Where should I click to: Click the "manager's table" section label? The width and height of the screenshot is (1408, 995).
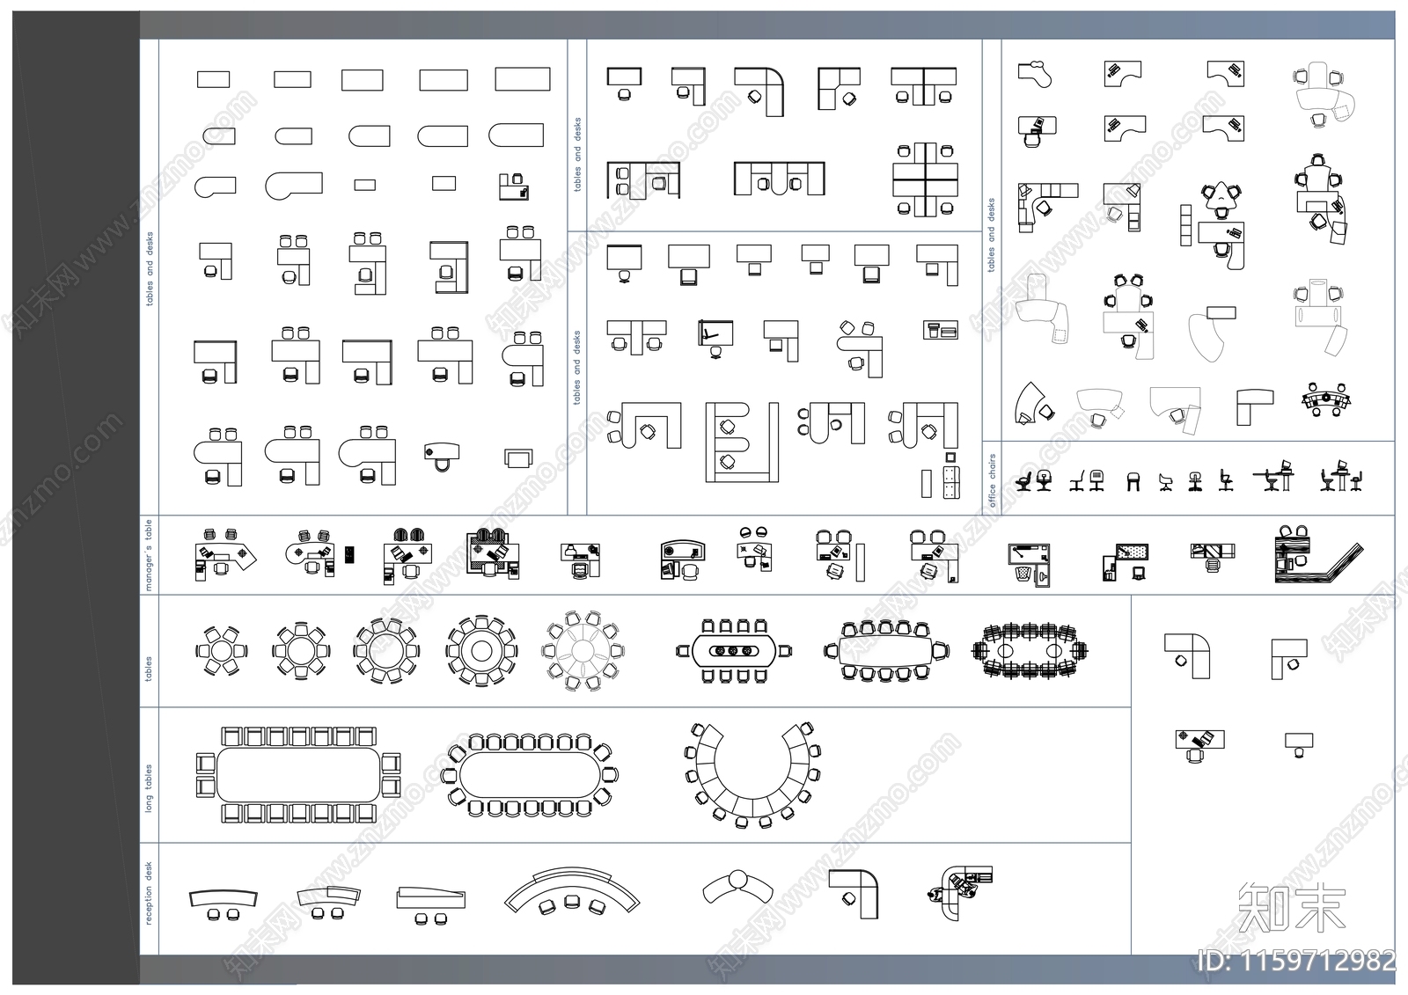click(149, 554)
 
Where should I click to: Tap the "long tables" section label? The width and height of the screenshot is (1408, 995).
click(149, 787)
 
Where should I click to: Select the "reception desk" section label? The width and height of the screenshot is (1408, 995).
click(149, 893)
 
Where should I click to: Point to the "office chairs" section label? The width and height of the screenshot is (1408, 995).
click(993, 480)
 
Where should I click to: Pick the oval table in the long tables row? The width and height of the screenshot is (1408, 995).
click(531, 774)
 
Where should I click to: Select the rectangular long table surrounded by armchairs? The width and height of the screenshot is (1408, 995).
click(298, 774)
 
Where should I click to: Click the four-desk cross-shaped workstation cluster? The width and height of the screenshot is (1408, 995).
click(925, 179)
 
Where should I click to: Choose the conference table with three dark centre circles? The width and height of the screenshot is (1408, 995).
click(734, 651)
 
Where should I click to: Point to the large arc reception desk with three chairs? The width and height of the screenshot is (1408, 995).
click(572, 890)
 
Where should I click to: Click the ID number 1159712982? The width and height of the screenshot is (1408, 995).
click(1297, 961)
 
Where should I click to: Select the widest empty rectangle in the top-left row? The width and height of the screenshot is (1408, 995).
click(522, 79)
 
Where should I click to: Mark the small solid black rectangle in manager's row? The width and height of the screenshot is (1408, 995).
click(349, 554)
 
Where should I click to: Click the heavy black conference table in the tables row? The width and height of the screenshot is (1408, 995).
click(1030, 651)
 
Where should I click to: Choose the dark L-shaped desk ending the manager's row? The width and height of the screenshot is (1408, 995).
click(1316, 555)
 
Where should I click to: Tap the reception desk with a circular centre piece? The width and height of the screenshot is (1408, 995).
click(737, 884)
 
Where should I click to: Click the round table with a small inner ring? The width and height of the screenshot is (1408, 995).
click(480, 651)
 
